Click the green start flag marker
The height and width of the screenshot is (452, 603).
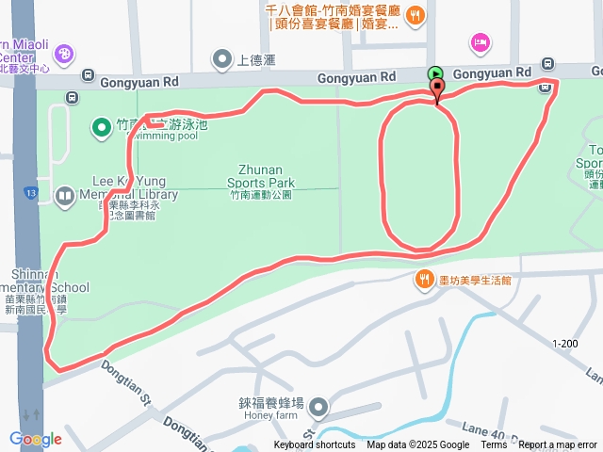(x=435, y=73)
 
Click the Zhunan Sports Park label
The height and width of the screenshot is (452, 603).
(x=261, y=176)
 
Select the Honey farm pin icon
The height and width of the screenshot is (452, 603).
(x=319, y=408)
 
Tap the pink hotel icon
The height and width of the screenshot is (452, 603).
(x=480, y=42)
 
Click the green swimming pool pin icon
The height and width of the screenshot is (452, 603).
(x=102, y=126)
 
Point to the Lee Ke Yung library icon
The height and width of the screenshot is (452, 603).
(x=64, y=196)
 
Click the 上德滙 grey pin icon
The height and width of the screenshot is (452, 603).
(x=222, y=60)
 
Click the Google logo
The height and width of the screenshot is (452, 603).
(x=35, y=439)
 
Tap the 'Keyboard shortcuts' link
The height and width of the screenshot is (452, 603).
(x=315, y=445)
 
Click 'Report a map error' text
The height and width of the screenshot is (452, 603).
(x=558, y=445)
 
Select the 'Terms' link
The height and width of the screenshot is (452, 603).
(x=494, y=445)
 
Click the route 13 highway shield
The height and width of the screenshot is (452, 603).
(x=31, y=193)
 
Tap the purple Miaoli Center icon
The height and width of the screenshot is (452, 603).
(x=64, y=53)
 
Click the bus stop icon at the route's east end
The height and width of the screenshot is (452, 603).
(x=546, y=88)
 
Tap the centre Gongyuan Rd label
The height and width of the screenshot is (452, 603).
(x=357, y=76)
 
